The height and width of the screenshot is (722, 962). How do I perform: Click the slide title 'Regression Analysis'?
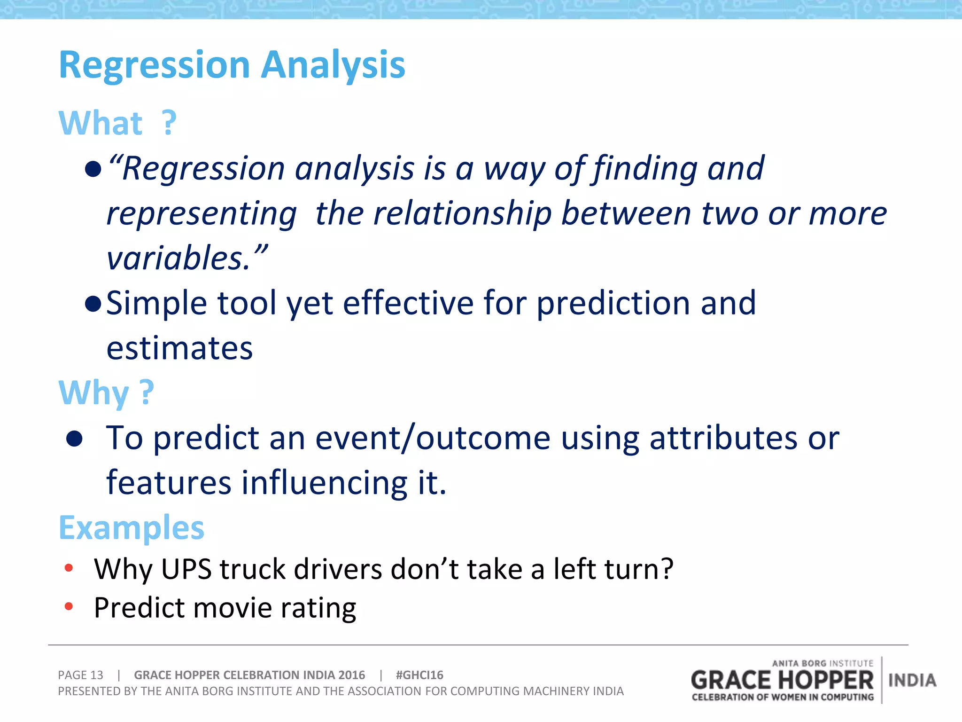point(232,65)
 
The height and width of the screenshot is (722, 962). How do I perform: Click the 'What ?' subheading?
point(117,123)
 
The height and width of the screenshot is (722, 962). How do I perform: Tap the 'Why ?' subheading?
point(106,393)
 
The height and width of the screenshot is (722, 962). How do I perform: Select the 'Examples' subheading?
point(132,528)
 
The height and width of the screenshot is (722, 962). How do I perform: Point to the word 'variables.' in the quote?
point(183,259)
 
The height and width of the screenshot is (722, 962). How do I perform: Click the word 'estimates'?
point(179,348)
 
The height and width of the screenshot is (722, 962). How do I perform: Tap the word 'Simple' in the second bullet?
point(156,303)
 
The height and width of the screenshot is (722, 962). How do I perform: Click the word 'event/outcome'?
point(432,438)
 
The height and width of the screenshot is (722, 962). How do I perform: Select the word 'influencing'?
point(324,483)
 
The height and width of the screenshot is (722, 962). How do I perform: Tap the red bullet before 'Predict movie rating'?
point(69,606)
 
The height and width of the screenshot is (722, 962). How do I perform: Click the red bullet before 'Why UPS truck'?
point(69,568)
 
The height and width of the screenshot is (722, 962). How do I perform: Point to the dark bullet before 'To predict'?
point(74,439)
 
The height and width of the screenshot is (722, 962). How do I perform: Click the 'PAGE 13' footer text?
point(80,675)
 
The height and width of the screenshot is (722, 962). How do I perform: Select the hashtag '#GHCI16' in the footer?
point(419,675)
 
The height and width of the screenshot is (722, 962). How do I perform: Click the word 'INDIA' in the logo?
point(912,680)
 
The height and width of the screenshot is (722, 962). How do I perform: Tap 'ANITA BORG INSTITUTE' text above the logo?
point(822,663)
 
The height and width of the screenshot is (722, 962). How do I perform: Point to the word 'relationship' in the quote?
point(462,213)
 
